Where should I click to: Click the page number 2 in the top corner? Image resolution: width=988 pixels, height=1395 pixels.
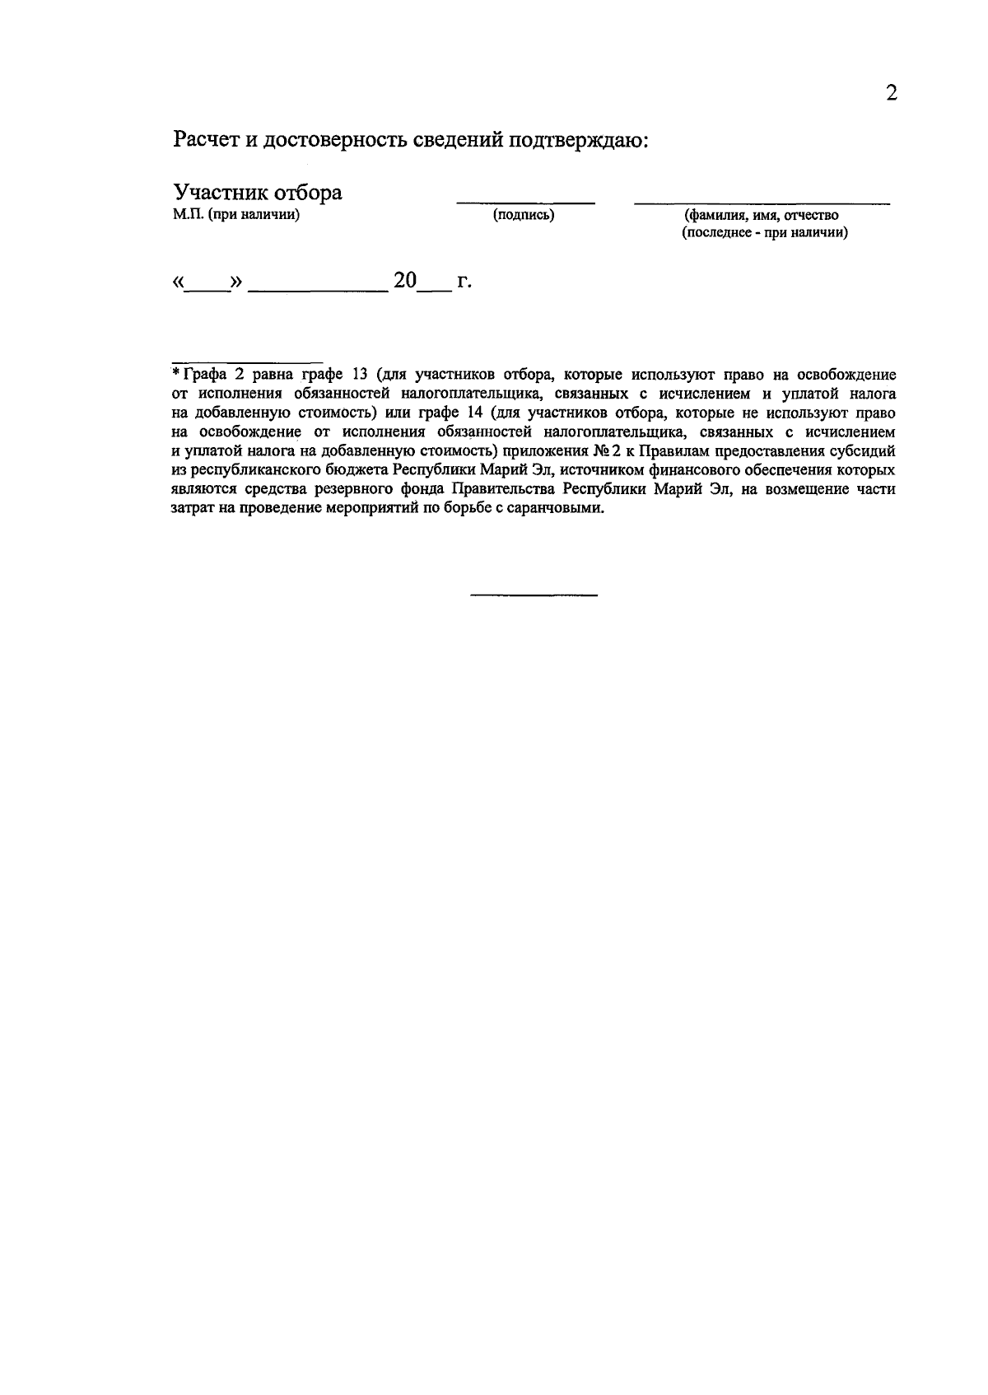click(891, 92)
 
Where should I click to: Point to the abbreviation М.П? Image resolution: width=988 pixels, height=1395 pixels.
click(188, 216)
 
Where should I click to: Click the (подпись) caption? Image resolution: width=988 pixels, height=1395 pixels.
click(524, 216)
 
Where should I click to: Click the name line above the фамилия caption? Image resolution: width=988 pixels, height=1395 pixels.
click(762, 203)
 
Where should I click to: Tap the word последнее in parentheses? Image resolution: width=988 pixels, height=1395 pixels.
click(717, 233)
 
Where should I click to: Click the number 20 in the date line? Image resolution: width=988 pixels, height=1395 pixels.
click(405, 281)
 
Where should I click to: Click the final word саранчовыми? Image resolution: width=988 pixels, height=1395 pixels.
click(557, 508)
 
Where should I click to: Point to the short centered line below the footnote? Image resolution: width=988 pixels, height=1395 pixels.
click(534, 595)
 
